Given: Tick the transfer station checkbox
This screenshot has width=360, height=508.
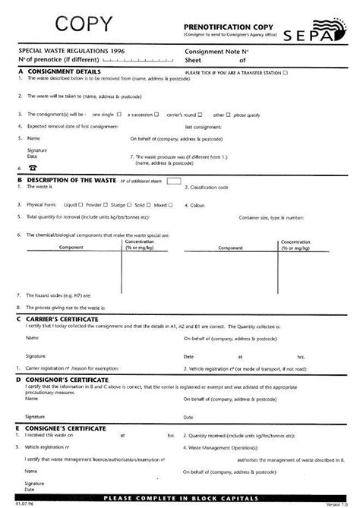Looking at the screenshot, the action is [285, 74].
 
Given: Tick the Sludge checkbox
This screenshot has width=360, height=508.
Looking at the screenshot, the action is [129, 205].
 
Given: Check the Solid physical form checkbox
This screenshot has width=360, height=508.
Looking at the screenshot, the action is [150, 205].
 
